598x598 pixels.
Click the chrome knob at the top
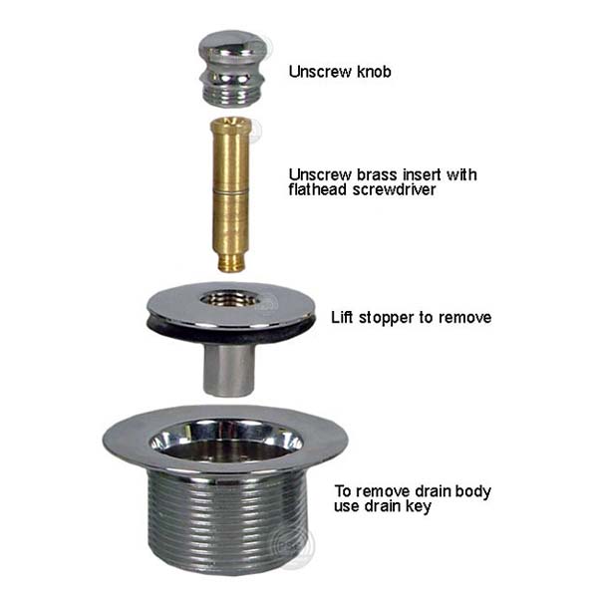pyautogui.click(x=232, y=69)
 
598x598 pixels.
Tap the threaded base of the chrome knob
pyautogui.click(x=232, y=98)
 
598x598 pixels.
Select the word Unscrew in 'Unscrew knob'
pyautogui.click(x=320, y=72)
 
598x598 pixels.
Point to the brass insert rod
pyautogui.click(x=230, y=194)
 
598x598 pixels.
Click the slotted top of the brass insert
pyautogui.click(x=230, y=123)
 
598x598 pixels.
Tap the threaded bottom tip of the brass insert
pyautogui.click(x=231, y=264)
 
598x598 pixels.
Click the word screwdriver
pyautogui.click(x=394, y=190)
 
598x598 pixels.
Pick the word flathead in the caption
pyautogui.click(x=318, y=190)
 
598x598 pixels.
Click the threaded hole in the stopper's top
pyautogui.click(x=230, y=299)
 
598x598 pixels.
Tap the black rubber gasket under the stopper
pyautogui.click(x=231, y=331)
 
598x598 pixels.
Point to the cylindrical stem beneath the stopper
pyautogui.click(x=229, y=369)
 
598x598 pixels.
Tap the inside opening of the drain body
pyautogui.click(x=226, y=443)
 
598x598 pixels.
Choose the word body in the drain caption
pyautogui.click(x=471, y=492)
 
